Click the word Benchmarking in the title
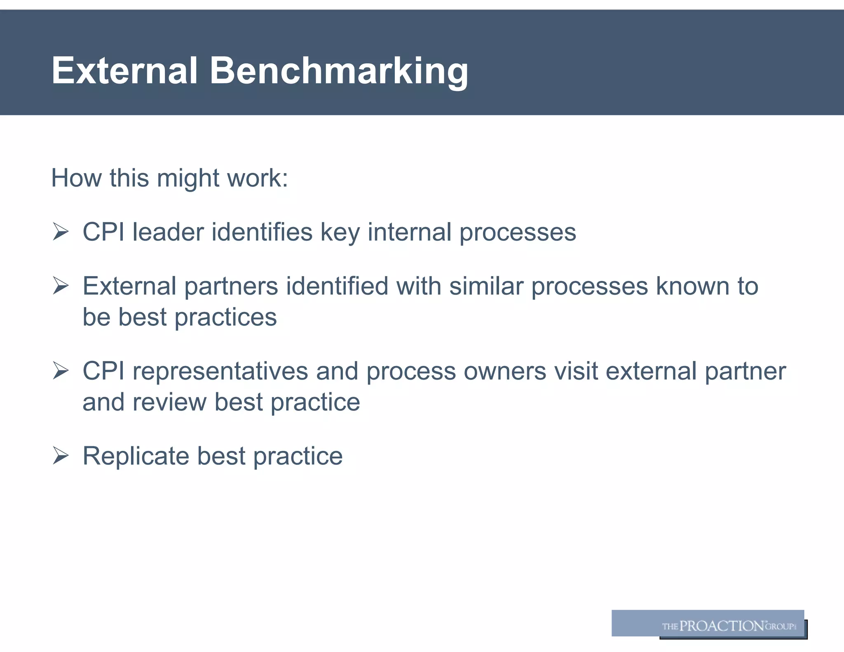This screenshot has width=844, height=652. pyautogui.click(x=339, y=72)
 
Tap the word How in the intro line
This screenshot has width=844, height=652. pyautogui.click(x=77, y=178)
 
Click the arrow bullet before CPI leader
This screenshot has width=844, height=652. pyautogui.click(x=61, y=232)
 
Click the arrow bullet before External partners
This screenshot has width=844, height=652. pyautogui.click(x=61, y=286)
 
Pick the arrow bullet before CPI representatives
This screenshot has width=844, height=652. pyautogui.click(x=61, y=371)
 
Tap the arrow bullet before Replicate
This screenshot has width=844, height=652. pyautogui.click(x=61, y=456)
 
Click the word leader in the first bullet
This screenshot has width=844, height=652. pyautogui.click(x=168, y=232)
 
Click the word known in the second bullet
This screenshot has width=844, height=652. pyautogui.click(x=693, y=286)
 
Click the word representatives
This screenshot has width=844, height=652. pyautogui.click(x=220, y=371)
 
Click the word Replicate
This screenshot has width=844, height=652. pyautogui.click(x=136, y=456)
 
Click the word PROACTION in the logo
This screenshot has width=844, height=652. pyautogui.click(x=722, y=626)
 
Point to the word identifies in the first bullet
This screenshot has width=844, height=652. pyautogui.click(x=262, y=232)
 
